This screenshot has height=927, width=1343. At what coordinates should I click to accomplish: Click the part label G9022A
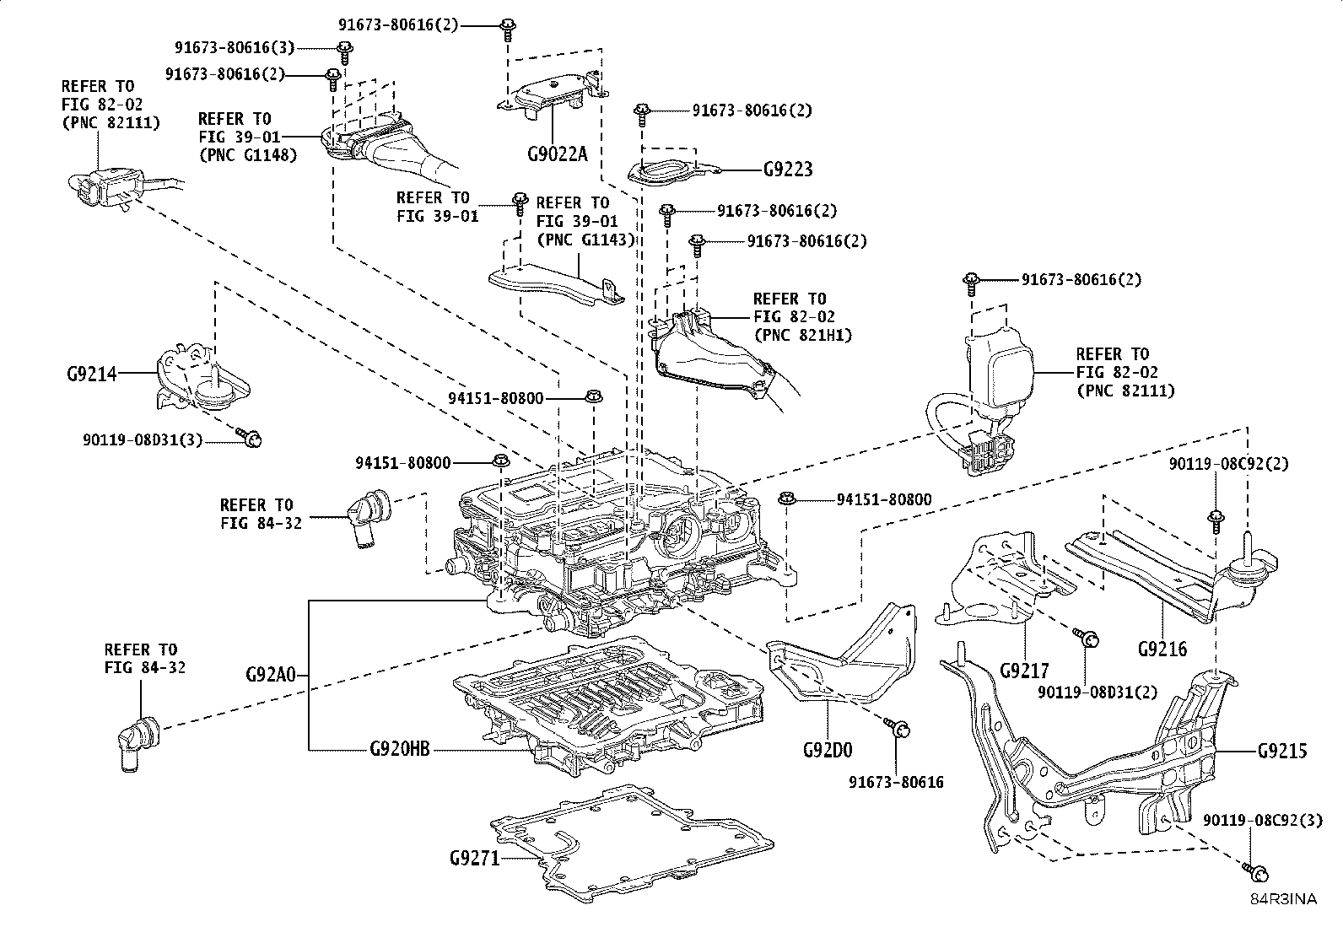click(557, 154)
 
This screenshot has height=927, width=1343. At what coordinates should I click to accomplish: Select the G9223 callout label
click(788, 170)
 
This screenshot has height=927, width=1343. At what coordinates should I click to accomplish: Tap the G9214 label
click(92, 373)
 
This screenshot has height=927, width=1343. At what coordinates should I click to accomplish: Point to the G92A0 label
click(271, 675)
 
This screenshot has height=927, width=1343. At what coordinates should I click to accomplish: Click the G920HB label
click(400, 749)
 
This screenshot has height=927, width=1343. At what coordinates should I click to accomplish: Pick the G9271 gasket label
click(474, 859)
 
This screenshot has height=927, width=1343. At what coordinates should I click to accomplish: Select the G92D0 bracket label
click(828, 749)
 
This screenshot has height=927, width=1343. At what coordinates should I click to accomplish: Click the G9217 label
click(1024, 671)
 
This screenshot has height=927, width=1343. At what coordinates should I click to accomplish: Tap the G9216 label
click(1162, 649)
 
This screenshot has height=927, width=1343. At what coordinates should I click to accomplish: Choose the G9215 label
click(1281, 750)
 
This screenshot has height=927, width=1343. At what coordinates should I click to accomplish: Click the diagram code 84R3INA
click(1283, 899)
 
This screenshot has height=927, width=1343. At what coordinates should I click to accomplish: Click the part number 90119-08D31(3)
click(143, 439)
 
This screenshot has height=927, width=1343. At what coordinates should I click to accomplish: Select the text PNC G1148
click(248, 155)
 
